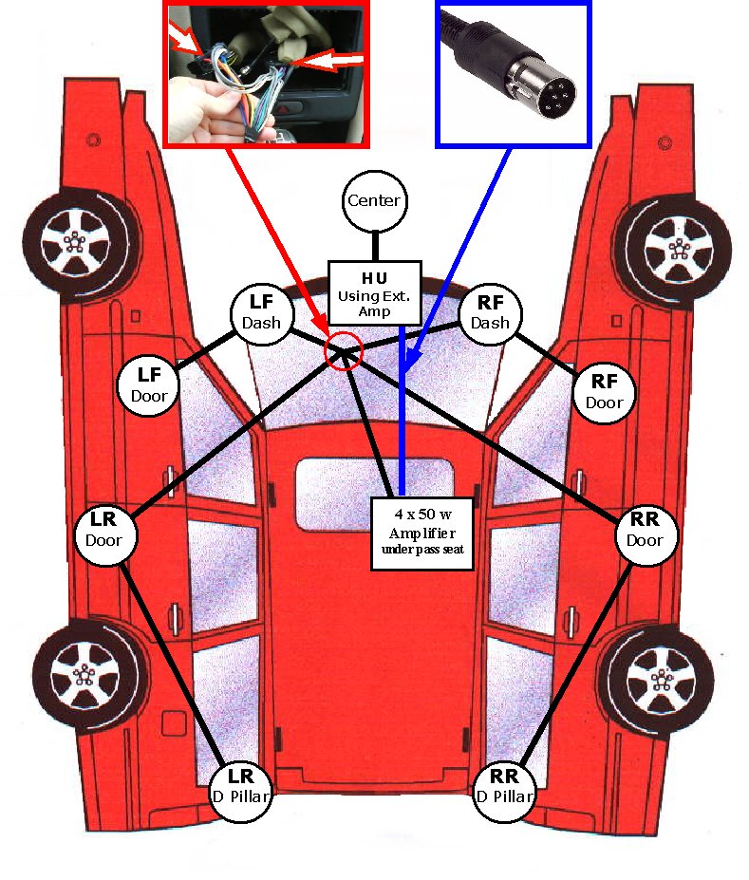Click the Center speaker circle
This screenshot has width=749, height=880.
pyautogui.click(x=374, y=201)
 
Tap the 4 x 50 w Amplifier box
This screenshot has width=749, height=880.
pyautogui.click(x=421, y=533)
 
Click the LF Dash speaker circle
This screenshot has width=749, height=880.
pyautogui.click(x=261, y=313)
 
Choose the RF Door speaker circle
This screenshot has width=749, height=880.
pyautogui.click(x=605, y=391)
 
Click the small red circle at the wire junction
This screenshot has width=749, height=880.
pyautogui.click(x=344, y=351)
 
